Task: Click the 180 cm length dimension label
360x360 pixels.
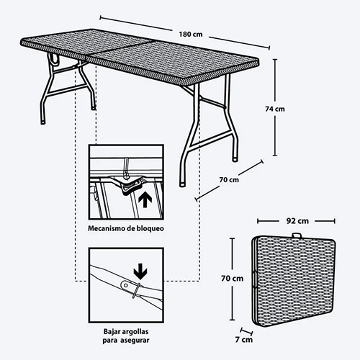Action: pos(191,35)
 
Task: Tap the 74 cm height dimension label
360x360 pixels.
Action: pos(275,109)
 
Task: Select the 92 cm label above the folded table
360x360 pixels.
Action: pos(297,221)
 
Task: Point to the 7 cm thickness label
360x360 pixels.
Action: pos(244,340)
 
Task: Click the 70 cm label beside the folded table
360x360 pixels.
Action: pos(232,279)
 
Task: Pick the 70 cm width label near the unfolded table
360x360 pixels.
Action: pos(229,179)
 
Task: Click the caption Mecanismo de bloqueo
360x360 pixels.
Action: pos(126,228)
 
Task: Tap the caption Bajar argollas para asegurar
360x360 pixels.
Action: pos(126,336)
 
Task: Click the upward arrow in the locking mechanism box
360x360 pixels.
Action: pos(145,201)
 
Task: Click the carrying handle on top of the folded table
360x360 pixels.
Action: pos(297,235)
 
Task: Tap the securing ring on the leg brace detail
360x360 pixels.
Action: pos(135,291)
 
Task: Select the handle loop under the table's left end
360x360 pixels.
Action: pos(54,59)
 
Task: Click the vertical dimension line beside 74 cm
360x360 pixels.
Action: pos(275,107)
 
